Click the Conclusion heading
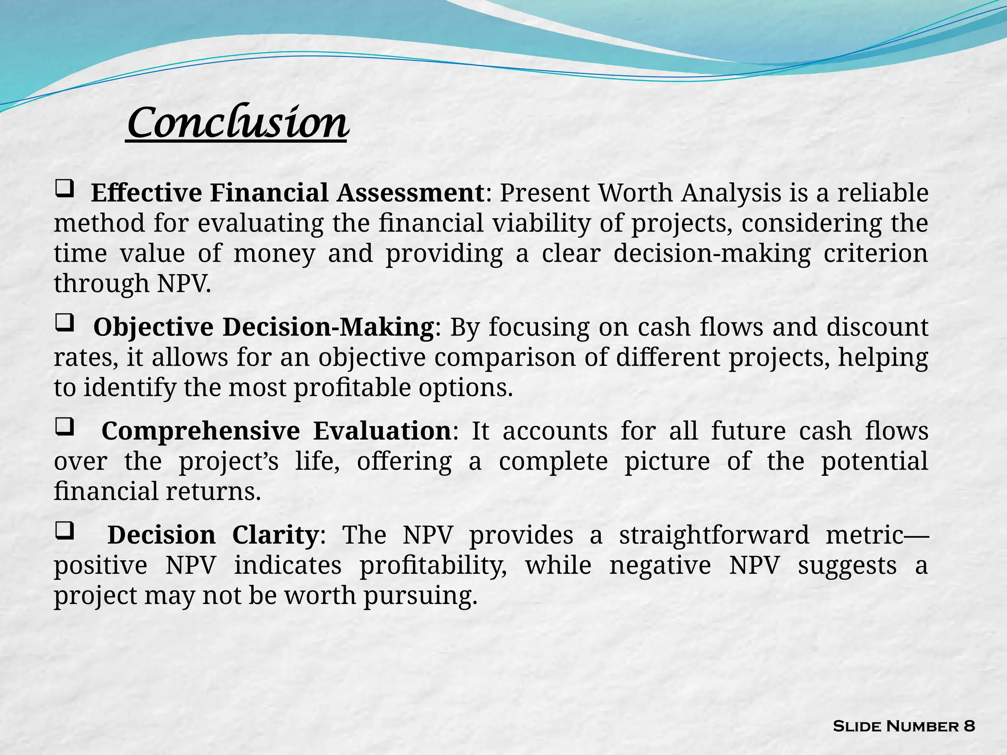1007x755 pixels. point(237,123)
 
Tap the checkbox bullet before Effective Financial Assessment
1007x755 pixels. point(64,189)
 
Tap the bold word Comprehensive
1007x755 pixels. point(201,431)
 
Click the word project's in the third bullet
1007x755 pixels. point(229,462)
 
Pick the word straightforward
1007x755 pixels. point(714,535)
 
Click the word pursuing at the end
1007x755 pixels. point(420,596)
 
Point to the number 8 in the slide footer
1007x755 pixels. point(969,726)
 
